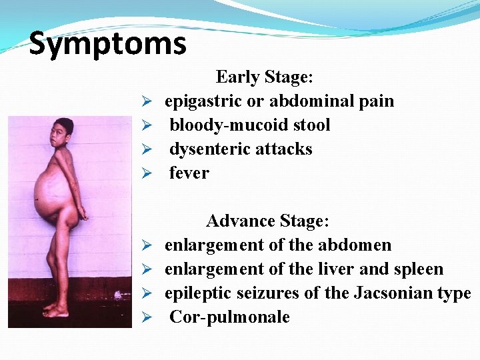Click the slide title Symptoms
107,44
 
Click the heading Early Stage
265,77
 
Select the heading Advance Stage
267,221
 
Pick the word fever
189,173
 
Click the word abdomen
355,245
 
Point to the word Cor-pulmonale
229,317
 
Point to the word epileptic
195,293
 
